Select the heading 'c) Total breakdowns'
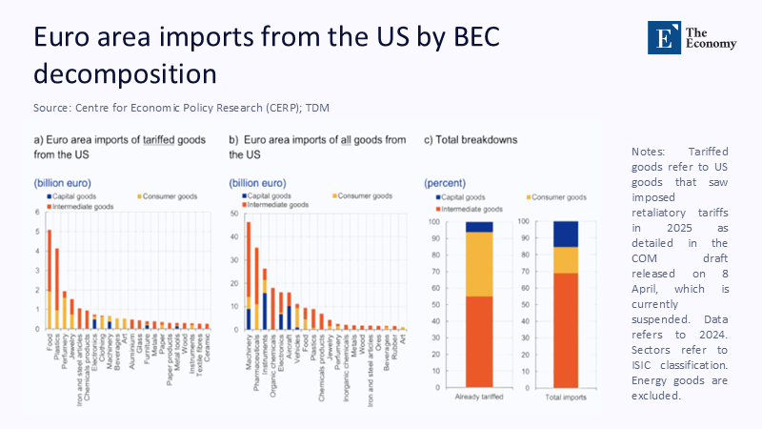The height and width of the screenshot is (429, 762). tap(471, 140)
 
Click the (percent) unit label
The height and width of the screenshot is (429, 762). tap(443, 182)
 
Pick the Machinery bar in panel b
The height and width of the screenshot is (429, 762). tap(249, 276)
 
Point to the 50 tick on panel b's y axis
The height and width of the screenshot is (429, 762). tap(234, 213)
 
